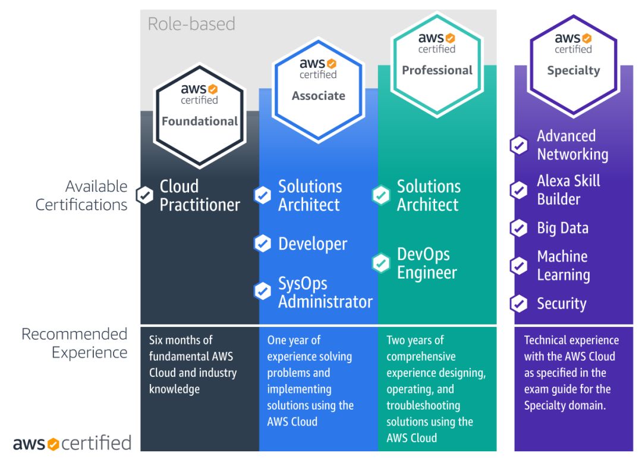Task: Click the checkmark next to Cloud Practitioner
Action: [144, 195]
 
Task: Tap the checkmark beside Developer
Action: [262, 243]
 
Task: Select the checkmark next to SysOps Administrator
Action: [262, 292]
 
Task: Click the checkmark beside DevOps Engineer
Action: [380, 263]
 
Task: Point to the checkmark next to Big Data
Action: [519, 228]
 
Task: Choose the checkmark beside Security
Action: [519, 304]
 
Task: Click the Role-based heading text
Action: [191, 24]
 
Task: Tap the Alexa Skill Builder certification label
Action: [568, 190]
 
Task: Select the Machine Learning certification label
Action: [563, 266]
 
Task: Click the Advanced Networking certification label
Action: [572, 145]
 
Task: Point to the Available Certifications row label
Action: [82, 195]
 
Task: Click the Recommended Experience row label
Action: [75, 343]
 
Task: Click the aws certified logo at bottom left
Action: [72, 443]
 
